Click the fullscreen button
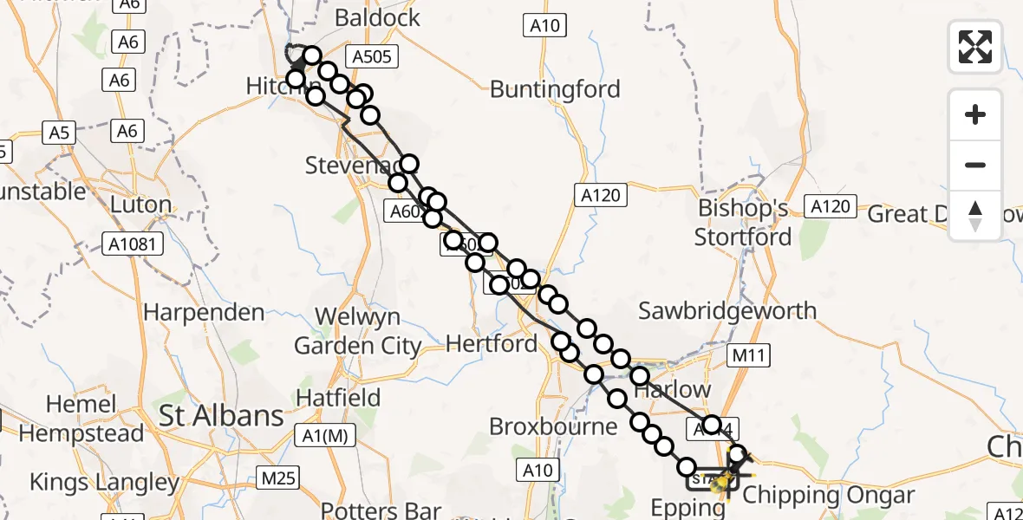(975, 47)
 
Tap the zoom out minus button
(975, 165)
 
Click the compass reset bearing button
(975, 216)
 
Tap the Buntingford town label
(555, 89)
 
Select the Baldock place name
(377, 17)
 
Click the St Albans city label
(221, 416)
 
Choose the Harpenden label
(204, 312)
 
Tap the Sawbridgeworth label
(727, 310)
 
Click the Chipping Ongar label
(829, 496)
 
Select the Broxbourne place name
(553, 426)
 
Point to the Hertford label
(492, 344)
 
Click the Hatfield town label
(338, 398)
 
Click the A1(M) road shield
(326, 437)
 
